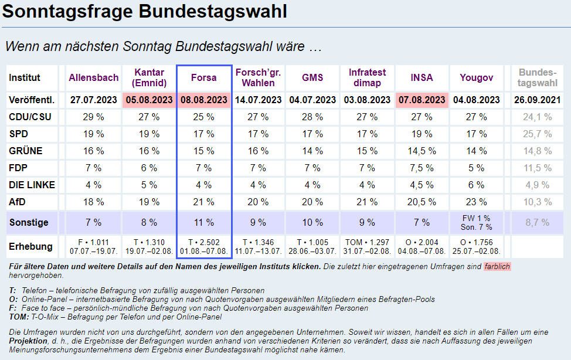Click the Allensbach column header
click(x=94, y=77)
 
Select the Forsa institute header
click(x=204, y=77)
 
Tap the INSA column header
click(x=422, y=77)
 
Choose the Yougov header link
click(x=477, y=77)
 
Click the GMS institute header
click(x=312, y=77)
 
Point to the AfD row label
click(x=18, y=202)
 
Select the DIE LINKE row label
click(x=32, y=185)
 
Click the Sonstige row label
click(x=29, y=223)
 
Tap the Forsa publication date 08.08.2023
click(x=204, y=100)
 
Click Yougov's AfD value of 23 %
click(x=477, y=202)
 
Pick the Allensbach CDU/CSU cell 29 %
click(x=93, y=117)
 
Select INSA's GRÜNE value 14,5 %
click(x=422, y=151)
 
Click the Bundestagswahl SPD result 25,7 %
click(x=538, y=134)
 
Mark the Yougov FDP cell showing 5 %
click(x=477, y=168)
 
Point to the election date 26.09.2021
click(x=538, y=100)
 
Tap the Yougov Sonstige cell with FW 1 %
click(x=477, y=219)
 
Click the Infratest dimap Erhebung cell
click(x=368, y=246)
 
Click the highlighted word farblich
click(x=497, y=267)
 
